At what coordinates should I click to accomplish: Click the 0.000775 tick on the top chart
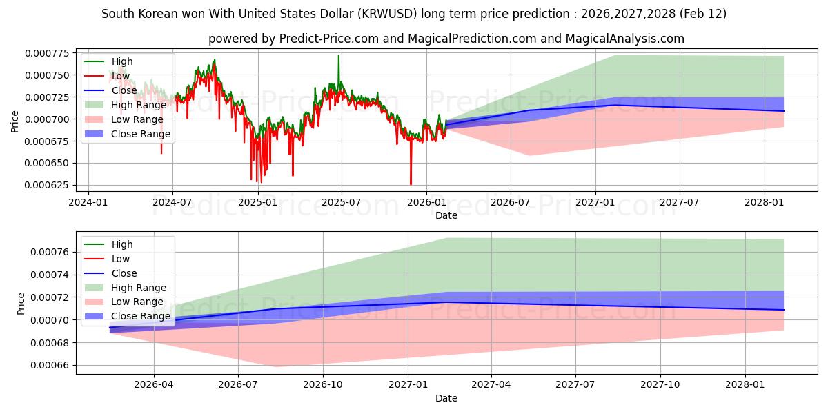pyautogui.click(x=50, y=52)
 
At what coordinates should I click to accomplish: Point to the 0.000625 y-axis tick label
pyautogui.click(x=50, y=186)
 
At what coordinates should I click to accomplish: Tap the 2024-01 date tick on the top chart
pyautogui.click(x=88, y=202)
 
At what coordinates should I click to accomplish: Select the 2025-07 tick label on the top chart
pyautogui.click(x=341, y=202)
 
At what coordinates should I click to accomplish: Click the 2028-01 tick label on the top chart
pyautogui.click(x=765, y=202)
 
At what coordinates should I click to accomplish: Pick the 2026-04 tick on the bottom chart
pyautogui.click(x=153, y=385)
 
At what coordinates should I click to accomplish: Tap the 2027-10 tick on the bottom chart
pyautogui.click(x=660, y=385)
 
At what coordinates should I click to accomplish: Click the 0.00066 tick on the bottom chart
pyautogui.click(x=52, y=366)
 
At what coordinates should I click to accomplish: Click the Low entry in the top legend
pyautogui.click(x=120, y=76)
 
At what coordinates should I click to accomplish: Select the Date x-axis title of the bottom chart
pyautogui.click(x=446, y=398)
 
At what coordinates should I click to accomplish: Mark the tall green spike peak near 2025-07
pyautogui.click(x=338, y=55)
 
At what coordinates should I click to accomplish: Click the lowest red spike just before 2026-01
pyautogui.click(x=411, y=184)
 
